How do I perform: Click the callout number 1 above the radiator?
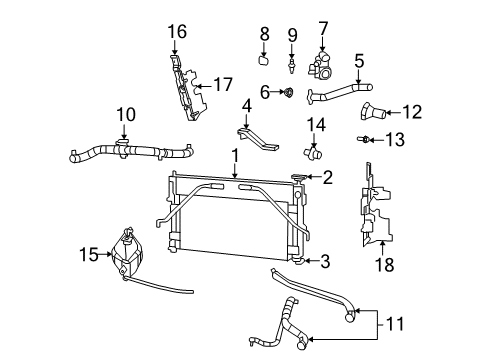(x=234, y=155)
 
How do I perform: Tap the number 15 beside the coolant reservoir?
(x=88, y=254)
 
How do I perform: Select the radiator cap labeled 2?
(x=299, y=179)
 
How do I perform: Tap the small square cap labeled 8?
(x=265, y=60)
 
